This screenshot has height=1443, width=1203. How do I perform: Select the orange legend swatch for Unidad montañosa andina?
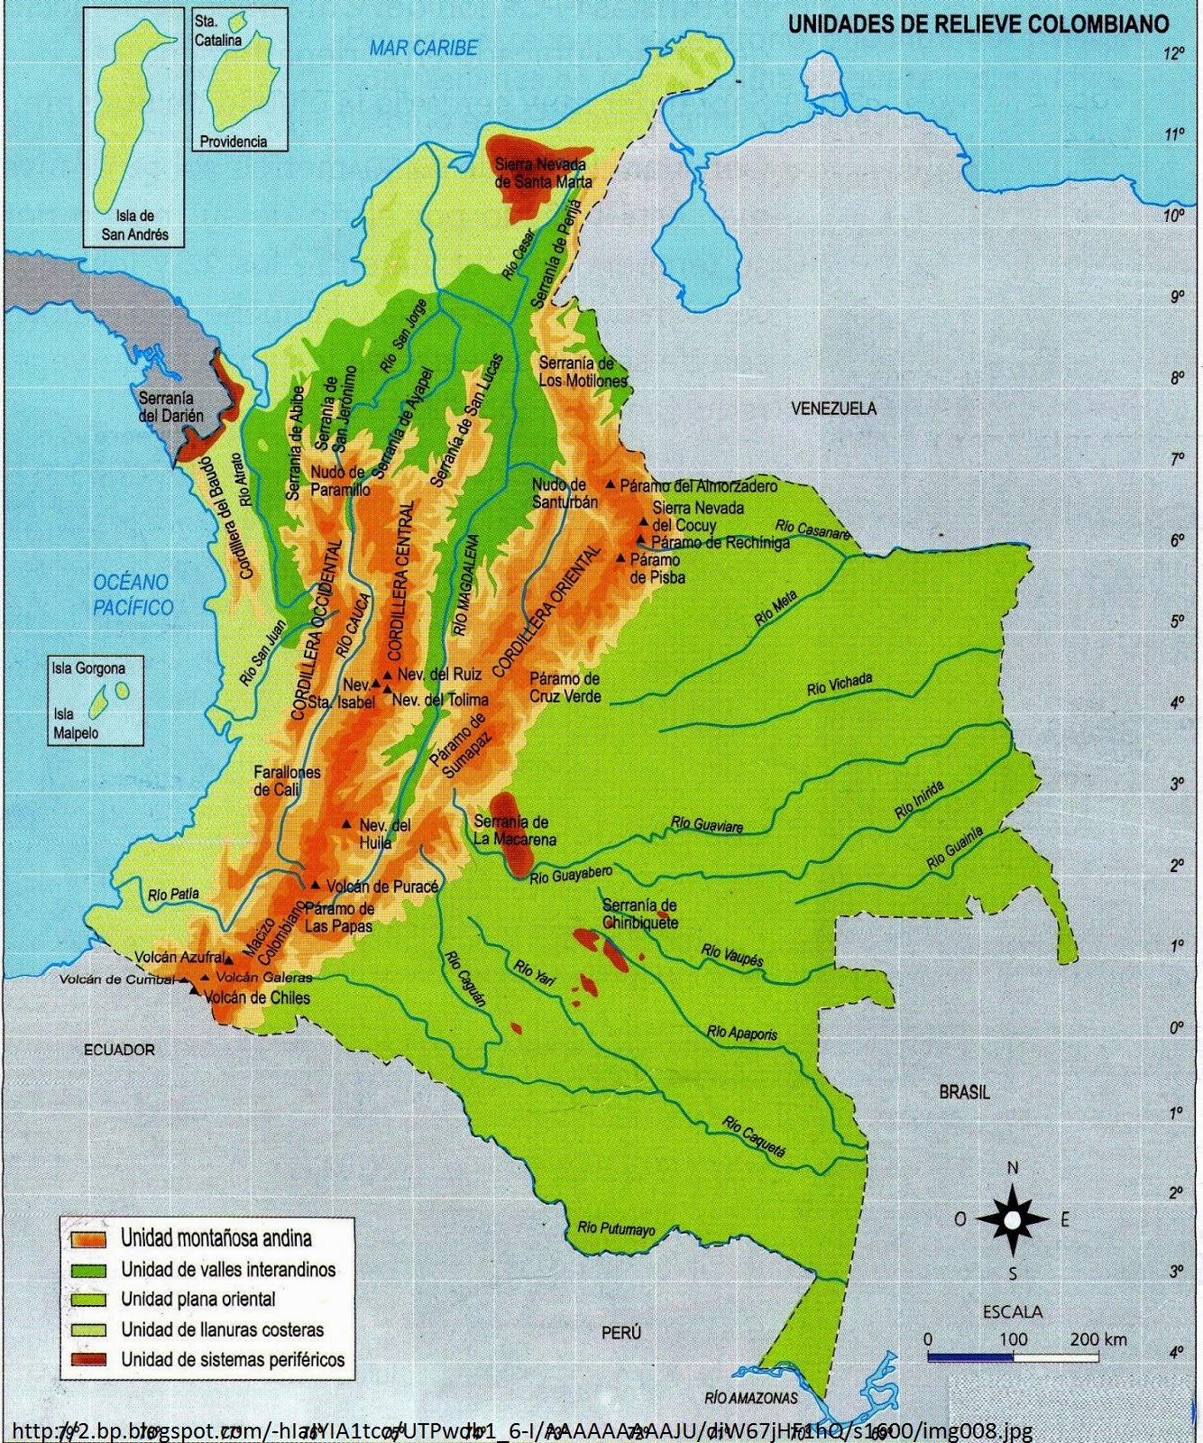(88, 1238)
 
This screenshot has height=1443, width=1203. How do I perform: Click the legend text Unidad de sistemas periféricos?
(233, 1359)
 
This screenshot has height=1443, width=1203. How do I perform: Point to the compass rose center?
(1013, 1220)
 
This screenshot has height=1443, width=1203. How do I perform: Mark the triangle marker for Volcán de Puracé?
(316, 885)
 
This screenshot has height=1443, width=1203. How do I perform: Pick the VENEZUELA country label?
(833, 409)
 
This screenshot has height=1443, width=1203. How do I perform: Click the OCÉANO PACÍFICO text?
(133, 595)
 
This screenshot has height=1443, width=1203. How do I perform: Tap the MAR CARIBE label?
(423, 48)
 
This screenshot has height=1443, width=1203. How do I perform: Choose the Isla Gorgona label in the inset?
(88, 668)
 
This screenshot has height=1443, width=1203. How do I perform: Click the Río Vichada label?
(840, 685)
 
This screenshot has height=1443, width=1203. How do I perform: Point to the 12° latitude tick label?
(1174, 53)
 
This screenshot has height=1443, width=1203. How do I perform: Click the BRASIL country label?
(964, 1092)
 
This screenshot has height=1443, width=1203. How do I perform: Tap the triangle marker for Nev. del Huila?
(346, 824)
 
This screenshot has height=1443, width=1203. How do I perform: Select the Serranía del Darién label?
(171, 407)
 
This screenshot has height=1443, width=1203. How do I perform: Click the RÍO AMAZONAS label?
(752, 1398)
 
